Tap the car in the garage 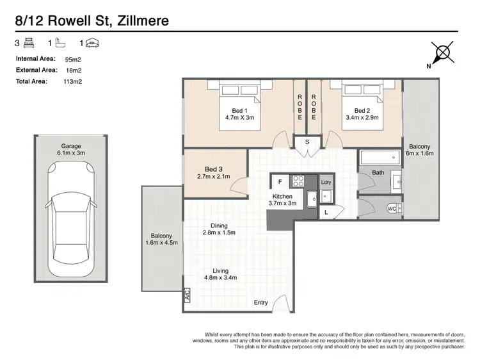[x=72, y=212]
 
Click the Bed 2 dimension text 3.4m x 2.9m [x=362, y=118]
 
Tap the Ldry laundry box [x=325, y=182]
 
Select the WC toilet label [x=391, y=209]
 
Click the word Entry [x=261, y=302]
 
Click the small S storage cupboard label [x=307, y=142]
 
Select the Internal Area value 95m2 [x=73, y=59]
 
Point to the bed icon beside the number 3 [x=28, y=44]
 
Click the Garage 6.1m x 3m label [x=71, y=149]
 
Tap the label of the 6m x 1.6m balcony [x=420, y=149]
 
